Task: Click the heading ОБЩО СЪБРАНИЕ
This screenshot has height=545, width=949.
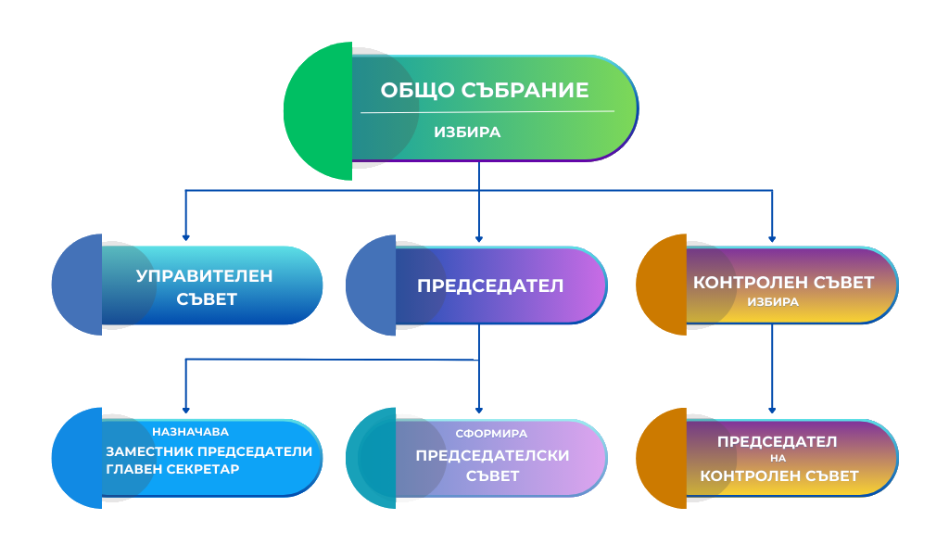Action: pos(485,91)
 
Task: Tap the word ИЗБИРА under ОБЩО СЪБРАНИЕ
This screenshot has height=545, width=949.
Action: pos(467,133)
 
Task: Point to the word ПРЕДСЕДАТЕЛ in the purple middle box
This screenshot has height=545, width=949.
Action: pos(490,285)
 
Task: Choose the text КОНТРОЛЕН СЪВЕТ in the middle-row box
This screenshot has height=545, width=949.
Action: pos(784,283)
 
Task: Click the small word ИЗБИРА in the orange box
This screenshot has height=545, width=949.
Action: pos(773,302)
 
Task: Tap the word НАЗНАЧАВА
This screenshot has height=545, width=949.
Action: pos(191,432)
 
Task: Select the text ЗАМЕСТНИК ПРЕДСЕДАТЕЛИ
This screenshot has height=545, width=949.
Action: pos(215,451)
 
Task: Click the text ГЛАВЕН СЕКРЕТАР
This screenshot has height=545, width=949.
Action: pos(173,469)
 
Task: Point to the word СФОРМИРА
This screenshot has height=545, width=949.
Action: pos(491,433)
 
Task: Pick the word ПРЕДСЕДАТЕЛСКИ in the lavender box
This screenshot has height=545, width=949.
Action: pos(492,455)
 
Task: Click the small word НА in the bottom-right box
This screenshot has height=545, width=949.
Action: pos(778,459)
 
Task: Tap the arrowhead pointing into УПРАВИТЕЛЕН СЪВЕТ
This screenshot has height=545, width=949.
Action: pos(185,235)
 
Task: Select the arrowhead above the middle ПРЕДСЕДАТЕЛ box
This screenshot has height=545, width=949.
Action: pos(479,235)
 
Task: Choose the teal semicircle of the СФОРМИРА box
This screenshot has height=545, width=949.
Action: pos(371,458)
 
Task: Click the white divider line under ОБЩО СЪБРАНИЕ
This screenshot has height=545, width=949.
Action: pos(487,112)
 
